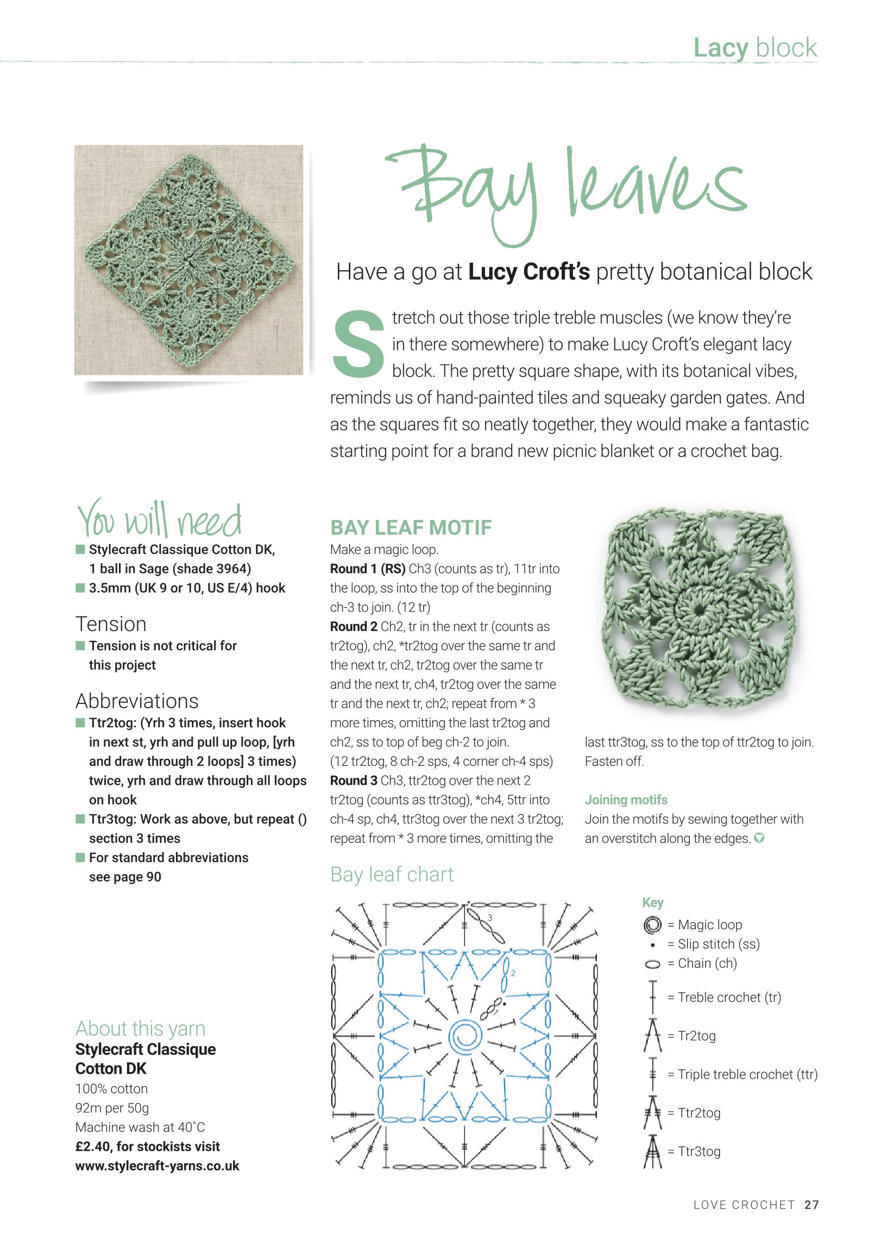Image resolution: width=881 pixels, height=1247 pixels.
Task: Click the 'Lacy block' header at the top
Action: [755, 48]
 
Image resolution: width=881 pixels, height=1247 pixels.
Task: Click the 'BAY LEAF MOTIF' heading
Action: [411, 527]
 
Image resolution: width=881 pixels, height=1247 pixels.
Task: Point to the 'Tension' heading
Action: [111, 624]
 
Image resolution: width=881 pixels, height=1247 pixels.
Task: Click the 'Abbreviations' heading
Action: [137, 701]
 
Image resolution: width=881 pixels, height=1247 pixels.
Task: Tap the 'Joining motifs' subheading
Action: [626, 799]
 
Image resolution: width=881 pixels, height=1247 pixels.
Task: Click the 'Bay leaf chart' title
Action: [392, 874]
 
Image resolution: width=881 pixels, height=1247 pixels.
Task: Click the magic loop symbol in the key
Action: [652, 924]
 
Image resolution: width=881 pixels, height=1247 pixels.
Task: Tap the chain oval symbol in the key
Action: [652, 964]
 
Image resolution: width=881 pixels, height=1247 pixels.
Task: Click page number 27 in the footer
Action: [811, 1205]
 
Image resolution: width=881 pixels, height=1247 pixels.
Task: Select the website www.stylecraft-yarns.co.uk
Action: [157, 1166]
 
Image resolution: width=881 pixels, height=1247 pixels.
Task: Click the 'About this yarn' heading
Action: [140, 1029]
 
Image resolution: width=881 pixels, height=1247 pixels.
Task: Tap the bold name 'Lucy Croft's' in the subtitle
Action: [528, 272]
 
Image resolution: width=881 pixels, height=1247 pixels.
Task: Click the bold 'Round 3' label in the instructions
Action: [354, 780]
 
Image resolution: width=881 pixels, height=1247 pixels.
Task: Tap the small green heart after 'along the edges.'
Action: [759, 838]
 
